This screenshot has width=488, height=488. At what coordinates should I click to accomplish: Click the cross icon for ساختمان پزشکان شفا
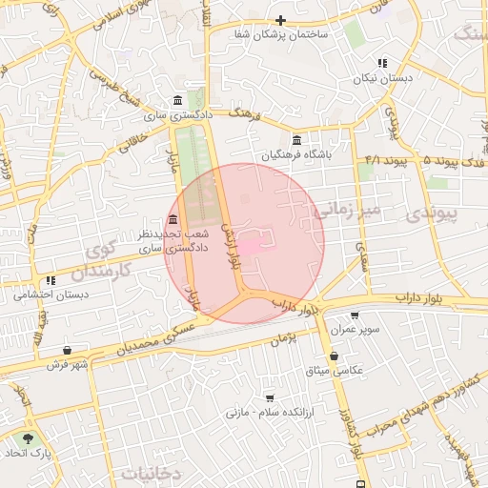pyautogui.click(x=280, y=20)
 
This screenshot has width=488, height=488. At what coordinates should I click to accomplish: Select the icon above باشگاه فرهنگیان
pyautogui.click(x=297, y=140)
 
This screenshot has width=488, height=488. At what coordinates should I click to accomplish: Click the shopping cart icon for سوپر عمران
pyautogui.click(x=356, y=315)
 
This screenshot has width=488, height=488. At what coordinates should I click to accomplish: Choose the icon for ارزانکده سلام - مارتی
pyautogui.click(x=270, y=398)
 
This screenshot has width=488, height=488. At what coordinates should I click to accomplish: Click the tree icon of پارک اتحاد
pyautogui.click(x=28, y=438)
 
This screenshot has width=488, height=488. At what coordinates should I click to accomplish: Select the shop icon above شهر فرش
pyautogui.click(x=66, y=350)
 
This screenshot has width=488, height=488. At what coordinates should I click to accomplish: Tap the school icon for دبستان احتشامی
pyautogui.click(x=51, y=281)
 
